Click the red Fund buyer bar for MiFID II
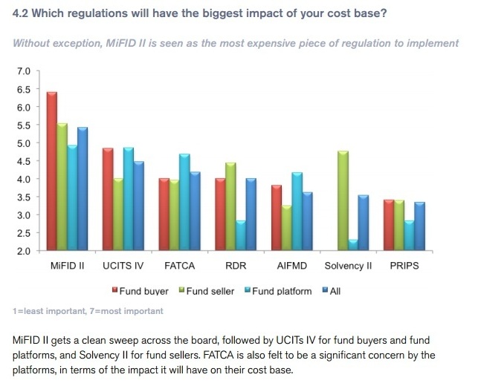click(x=52, y=171)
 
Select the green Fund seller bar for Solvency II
click(x=343, y=200)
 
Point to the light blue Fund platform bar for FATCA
click(x=184, y=202)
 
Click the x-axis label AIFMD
click(x=291, y=266)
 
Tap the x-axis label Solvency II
click(x=348, y=266)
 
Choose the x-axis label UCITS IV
click(x=124, y=266)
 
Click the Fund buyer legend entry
click(x=144, y=291)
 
